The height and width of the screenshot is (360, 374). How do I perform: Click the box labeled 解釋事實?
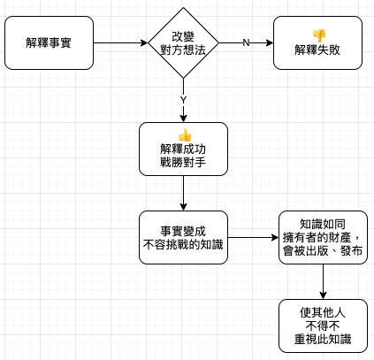(49, 43)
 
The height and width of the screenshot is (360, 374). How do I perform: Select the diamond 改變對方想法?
(183, 43)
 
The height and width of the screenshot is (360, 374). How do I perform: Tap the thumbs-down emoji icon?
(319, 35)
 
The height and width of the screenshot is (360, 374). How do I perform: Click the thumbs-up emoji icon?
(185, 135)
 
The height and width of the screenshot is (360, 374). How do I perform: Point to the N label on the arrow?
(246, 43)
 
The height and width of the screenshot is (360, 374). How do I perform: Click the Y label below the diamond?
(183, 100)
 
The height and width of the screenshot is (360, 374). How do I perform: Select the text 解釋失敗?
(317, 50)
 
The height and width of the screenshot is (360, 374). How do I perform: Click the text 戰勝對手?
(183, 162)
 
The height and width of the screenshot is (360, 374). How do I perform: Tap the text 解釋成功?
(183, 149)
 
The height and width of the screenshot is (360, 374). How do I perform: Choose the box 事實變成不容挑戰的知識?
(183, 237)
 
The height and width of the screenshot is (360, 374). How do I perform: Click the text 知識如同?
(323, 225)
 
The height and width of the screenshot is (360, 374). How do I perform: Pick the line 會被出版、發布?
(323, 250)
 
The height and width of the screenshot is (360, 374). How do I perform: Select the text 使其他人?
(323, 313)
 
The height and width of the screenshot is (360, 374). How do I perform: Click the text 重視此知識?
(323, 339)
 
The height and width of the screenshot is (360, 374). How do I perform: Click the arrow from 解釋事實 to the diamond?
(121, 43)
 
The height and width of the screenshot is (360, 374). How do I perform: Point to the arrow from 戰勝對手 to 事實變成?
(183, 193)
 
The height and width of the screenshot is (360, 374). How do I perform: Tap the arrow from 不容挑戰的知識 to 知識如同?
(253, 237)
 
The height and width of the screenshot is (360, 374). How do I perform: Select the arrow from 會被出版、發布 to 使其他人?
(323, 281)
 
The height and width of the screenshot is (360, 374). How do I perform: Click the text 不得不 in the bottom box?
(323, 326)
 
